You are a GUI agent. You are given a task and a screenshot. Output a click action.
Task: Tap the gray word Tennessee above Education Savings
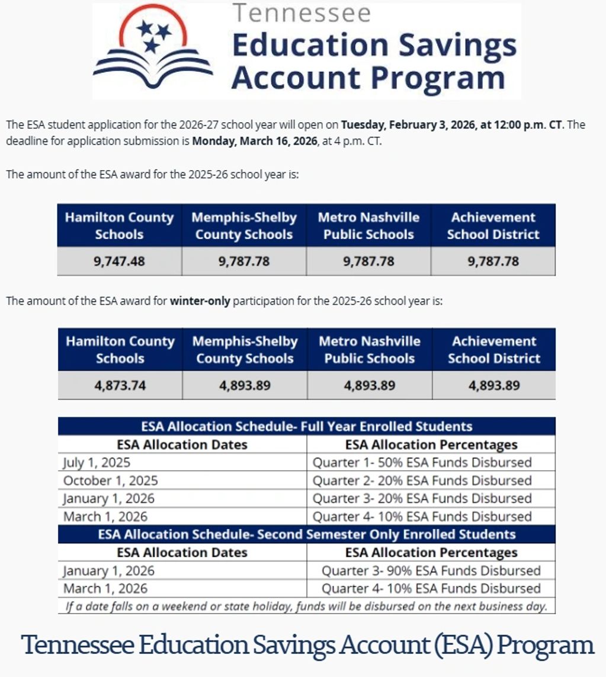click(x=302, y=12)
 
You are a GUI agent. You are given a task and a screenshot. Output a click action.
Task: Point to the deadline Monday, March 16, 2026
click(x=255, y=142)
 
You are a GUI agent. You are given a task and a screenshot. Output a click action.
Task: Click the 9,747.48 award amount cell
click(x=119, y=261)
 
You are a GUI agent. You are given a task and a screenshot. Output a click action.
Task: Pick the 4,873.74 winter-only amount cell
click(x=120, y=385)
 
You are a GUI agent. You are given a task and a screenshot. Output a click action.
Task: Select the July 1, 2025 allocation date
click(x=97, y=462)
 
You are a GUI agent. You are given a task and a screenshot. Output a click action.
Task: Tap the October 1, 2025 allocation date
click(x=111, y=480)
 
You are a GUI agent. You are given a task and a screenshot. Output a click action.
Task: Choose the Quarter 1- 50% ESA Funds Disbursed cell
click(x=422, y=462)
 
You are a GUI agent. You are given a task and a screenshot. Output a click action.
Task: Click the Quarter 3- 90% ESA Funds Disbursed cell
click(x=431, y=571)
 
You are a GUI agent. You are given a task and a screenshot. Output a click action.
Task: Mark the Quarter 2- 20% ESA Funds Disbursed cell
click(x=422, y=480)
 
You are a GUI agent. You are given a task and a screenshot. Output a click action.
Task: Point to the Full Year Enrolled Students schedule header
click(x=307, y=426)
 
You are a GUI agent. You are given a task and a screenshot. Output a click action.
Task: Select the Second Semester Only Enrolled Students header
click(x=307, y=534)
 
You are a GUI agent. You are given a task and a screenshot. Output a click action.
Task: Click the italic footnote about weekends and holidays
click(x=307, y=606)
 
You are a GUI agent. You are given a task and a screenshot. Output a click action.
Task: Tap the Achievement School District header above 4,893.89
click(x=493, y=350)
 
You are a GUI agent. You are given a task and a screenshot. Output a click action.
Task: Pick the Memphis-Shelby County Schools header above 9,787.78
click(x=243, y=226)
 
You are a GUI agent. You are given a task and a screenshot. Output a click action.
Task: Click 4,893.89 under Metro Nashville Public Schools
click(x=370, y=385)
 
